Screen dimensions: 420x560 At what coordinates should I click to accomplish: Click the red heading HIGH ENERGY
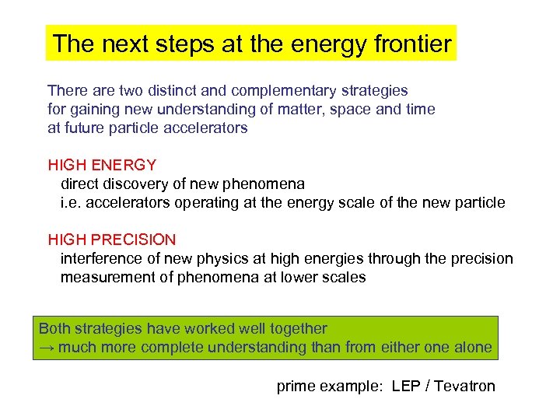pyautogui.click(x=102, y=165)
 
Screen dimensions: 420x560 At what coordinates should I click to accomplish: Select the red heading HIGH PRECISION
pyautogui.click(x=112, y=240)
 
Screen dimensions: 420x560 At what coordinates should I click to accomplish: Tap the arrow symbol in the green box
pyautogui.click(x=46, y=348)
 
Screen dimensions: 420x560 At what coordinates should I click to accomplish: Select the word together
pyautogui.click(x=299, y=328)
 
